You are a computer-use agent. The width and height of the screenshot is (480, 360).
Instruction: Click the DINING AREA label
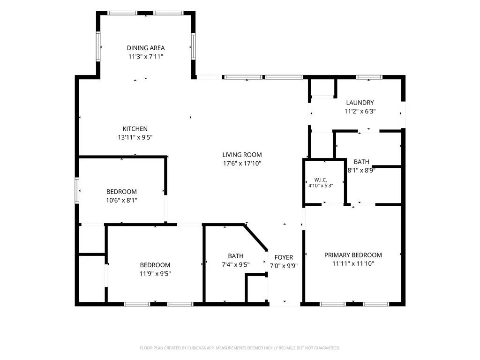coord(146,48)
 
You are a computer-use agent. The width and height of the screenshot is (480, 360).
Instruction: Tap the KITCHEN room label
coord(135,129)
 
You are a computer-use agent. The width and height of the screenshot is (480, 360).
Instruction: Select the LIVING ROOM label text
coord(242,155)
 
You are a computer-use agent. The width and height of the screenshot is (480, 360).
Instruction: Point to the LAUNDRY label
coord(360,103)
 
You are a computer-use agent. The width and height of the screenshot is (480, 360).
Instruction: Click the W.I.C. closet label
coord(321,180)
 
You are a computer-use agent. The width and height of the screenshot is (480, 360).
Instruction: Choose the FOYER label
coord(284,257)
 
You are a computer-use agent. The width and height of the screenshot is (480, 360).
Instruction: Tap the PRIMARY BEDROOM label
coord(353,255)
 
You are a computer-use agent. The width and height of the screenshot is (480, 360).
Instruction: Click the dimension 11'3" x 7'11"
coord(146,57)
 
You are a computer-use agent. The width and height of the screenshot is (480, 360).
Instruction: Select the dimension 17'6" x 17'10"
coord(242,164)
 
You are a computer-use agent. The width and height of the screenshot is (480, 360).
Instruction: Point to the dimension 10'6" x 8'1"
coord(121,201)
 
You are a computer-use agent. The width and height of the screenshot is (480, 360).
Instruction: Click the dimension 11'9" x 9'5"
coord(155,274)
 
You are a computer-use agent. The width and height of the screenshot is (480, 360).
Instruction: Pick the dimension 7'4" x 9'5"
coord(236,265)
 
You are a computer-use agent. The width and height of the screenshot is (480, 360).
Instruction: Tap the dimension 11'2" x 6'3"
coord(360,112)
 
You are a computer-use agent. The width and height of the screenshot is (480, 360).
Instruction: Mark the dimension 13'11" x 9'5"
coord(135,137)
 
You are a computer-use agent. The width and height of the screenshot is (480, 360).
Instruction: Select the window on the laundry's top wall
coord(369,77)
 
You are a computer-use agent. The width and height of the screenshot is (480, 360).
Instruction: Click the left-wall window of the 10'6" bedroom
coord(77,190)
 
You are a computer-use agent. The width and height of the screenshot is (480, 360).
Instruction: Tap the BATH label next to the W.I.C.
coord(361,162)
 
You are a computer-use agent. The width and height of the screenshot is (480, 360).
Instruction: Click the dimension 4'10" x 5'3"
coord(321,186)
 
